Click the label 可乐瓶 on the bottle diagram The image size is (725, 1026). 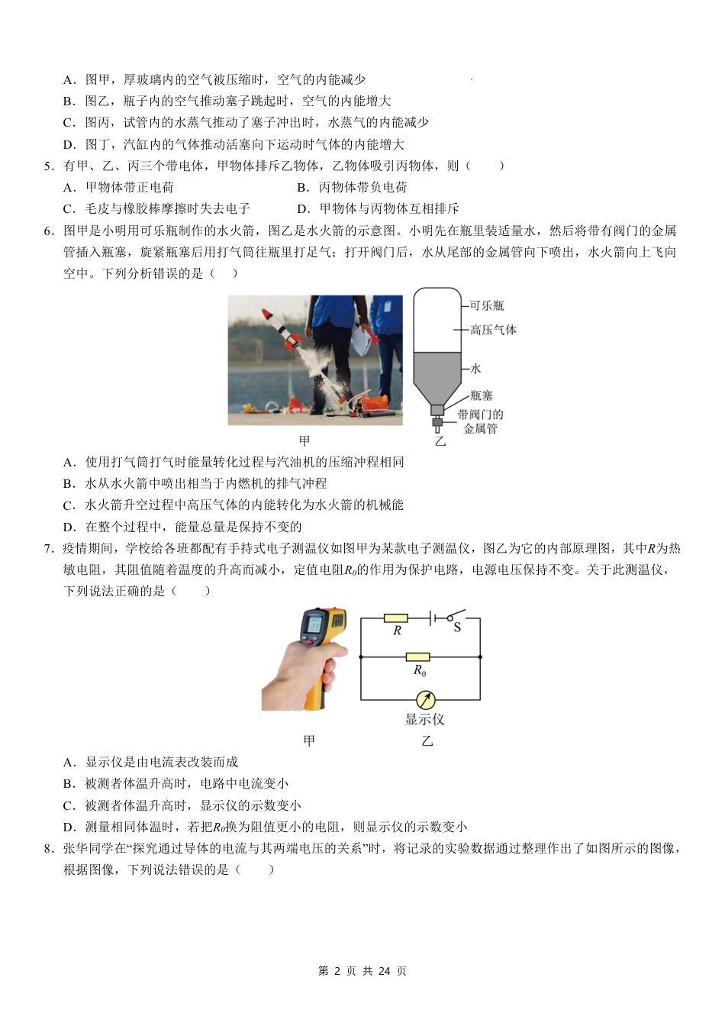click(486, 306)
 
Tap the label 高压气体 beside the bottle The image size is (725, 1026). click(493, 330)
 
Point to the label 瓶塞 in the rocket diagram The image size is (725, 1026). click(481, 395)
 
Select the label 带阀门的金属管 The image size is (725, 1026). click(480, 421)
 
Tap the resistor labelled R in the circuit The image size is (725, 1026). click(395, 618)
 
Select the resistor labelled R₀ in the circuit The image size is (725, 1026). click(417, 657)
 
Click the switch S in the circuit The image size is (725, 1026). click(456, 616)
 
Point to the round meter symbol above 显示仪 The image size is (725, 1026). click(425, 699)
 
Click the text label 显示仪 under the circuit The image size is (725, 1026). click(424, 719)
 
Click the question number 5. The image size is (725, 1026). click(48, 166)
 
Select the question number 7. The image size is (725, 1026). click(48, 548)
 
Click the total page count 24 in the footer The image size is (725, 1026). click(384, 971)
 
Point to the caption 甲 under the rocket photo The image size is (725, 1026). click(304, 440)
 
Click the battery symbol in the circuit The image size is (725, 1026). click(433, 618)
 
